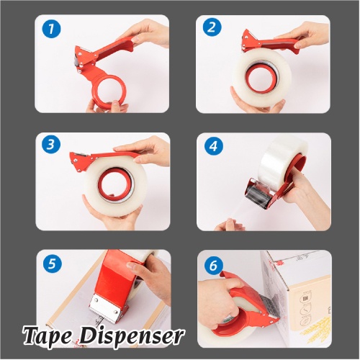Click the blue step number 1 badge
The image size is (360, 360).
pyautogui.click(x=51, y=29)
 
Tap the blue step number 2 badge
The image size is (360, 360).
pyautogui.click(x=212, y=27)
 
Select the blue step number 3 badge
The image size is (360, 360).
pyautogui.click(x=50, y=145)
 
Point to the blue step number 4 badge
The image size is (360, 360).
pyautogui.click(x=214, y=145)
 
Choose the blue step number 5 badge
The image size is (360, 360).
pyautogui.click(x=52, y=264)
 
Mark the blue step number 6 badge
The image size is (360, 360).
pyautogui.click(x=213, y=266)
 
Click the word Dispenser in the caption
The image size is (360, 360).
pyautogui.click(x=131, y=334)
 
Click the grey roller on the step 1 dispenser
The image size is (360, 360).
pyautogui.click(x=77, y=62)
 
